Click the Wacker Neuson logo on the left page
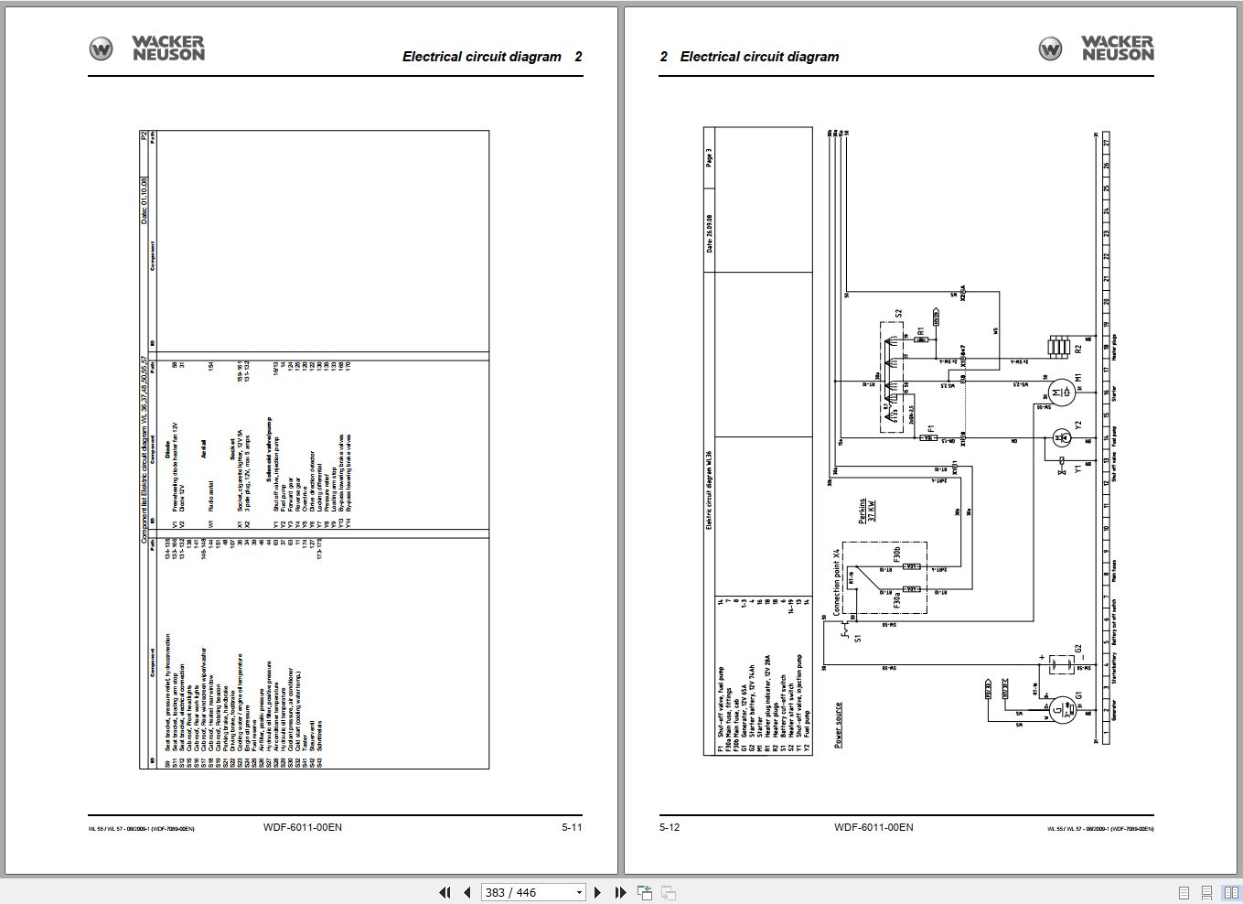(x=146, y=48)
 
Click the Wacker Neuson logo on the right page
(x=1096, y=48)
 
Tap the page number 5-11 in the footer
(x=572, y=827)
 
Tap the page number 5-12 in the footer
(x=670, y=827)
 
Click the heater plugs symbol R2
(x=1060, y=347)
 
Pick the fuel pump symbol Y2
(x=1061, y=437)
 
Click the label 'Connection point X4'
(x=836, y=582)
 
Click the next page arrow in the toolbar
(x=598, y=892)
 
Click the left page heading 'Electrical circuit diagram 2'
(x=492, y=57)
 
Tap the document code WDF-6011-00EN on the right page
(x=873, y=827)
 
